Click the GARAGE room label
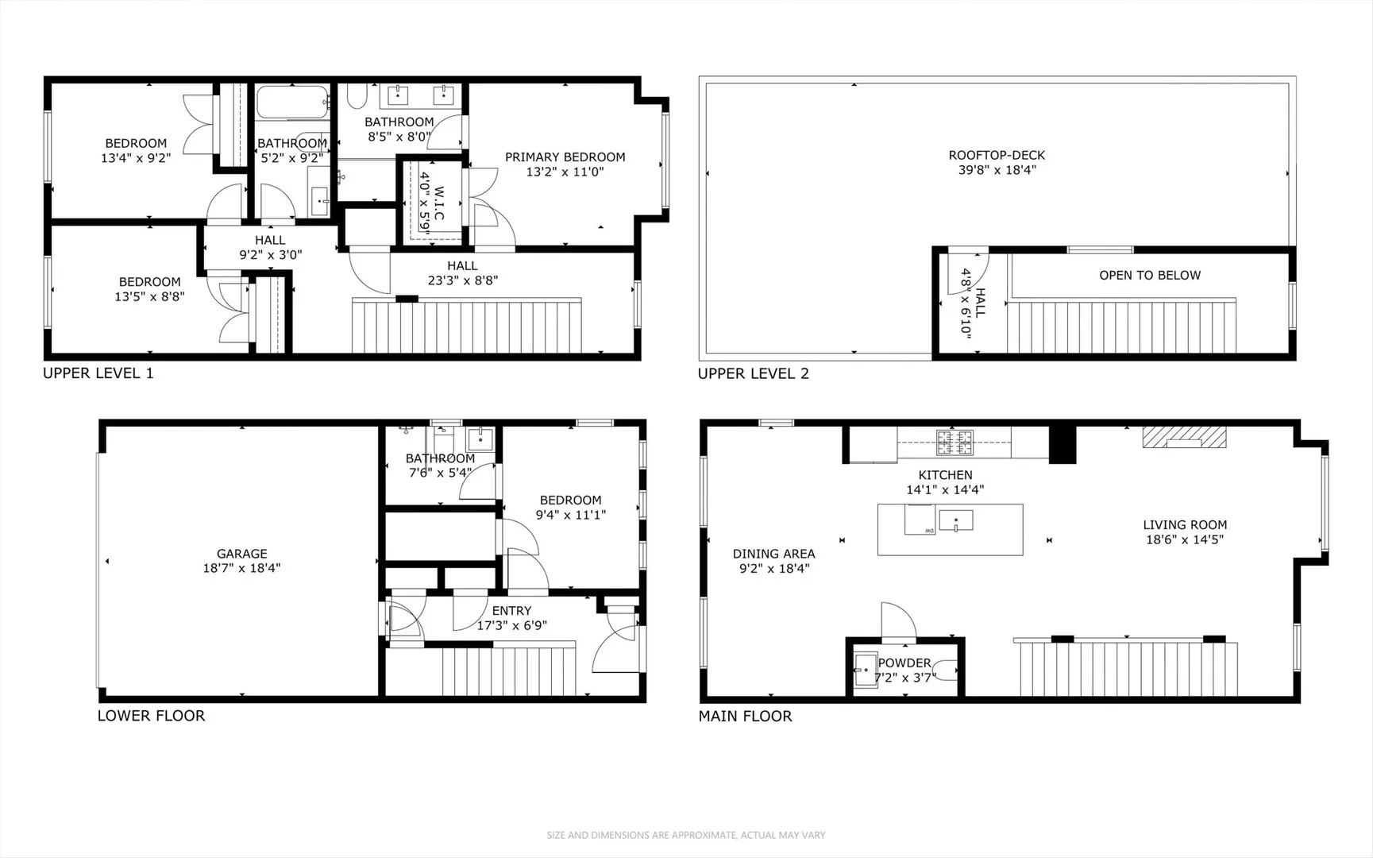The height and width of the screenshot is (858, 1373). coord(241,554)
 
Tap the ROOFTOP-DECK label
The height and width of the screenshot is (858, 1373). coord(997,155)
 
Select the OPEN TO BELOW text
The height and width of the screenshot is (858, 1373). coord(1150,275)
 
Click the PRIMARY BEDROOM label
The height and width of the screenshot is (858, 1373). coord(565,157)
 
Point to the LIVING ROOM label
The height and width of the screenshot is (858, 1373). coord(1185,524)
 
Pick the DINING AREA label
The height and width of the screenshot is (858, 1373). coord(773,554)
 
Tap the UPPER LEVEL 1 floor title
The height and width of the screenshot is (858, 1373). coord(98,373)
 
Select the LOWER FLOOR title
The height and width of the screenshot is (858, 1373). coord(151,716)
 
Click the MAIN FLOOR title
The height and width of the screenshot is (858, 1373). coord(745,717)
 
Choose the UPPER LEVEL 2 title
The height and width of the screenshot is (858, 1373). coord(754,373)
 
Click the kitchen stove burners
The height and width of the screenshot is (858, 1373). coord(955,442)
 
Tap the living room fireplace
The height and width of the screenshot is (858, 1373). coord(1184,437)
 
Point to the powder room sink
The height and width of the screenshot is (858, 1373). coord(866,670)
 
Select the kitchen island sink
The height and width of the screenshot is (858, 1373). coord(956,521)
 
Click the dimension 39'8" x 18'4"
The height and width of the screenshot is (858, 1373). coord(997,170)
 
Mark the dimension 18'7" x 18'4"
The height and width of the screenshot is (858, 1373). coord(241,568)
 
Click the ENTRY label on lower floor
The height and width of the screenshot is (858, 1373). coord(511,611)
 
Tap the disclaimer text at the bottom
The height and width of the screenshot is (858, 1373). coord(686,835)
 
